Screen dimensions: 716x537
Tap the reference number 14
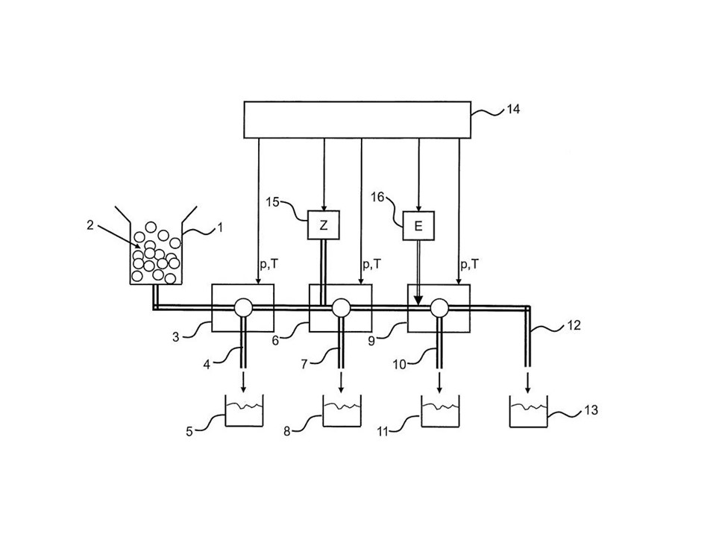(x=513, y=110)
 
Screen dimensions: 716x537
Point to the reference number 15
(x=273, y=202)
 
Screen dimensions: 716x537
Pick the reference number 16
(x=377, y=197)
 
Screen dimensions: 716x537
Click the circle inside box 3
(x=243, y=308)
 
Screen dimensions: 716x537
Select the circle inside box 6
(x=341, y=308)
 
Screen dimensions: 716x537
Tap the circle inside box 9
(x=440, y=308)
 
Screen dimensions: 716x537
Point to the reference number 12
(x=574, y=326)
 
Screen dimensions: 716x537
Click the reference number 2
(x=90, y=225)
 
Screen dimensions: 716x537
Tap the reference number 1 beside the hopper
(x=219, y=227)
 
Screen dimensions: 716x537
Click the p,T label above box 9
(x=470, y=264)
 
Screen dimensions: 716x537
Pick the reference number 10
(x=400, y=365)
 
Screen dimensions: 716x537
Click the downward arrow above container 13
(x=528, y=383)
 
